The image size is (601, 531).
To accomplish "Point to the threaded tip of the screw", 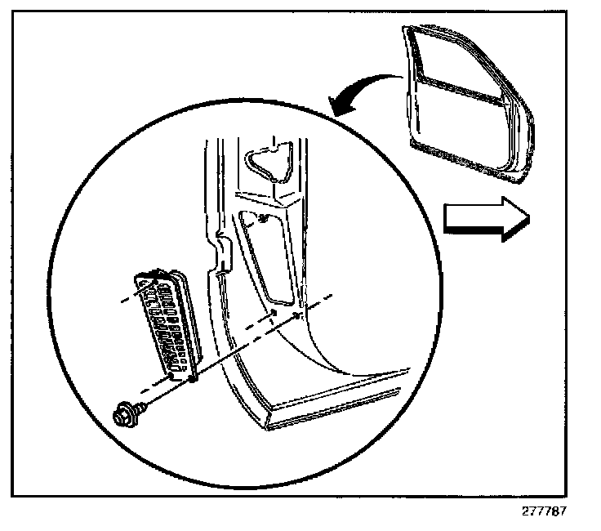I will point(146,403).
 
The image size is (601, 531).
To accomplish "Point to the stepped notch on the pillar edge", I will point(216,253).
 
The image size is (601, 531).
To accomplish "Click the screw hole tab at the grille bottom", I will point(193,377).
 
